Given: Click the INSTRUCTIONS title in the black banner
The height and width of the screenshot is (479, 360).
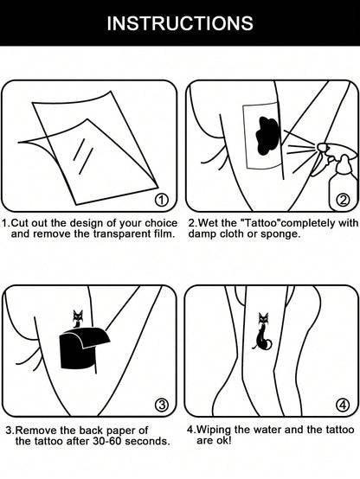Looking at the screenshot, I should [180, 23].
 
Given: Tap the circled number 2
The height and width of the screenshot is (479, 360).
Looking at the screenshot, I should [343, 202].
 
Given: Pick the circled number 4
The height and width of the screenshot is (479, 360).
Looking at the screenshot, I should [343, 405].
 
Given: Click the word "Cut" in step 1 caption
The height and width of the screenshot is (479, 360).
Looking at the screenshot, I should [25, 223].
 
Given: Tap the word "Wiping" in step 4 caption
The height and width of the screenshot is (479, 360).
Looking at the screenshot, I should [219, 430].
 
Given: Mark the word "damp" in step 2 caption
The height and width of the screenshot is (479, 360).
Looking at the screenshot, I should [204, 234].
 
